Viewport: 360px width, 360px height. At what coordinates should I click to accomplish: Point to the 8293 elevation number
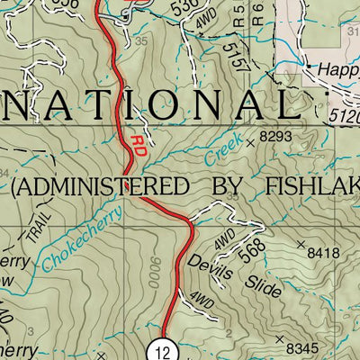[x=276, y=137]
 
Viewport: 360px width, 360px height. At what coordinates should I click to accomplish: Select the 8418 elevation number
[x=324, y=254]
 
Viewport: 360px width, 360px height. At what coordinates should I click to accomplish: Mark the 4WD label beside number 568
[x=224, y=238]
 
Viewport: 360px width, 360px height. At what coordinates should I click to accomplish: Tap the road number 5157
[x=236, y=58]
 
